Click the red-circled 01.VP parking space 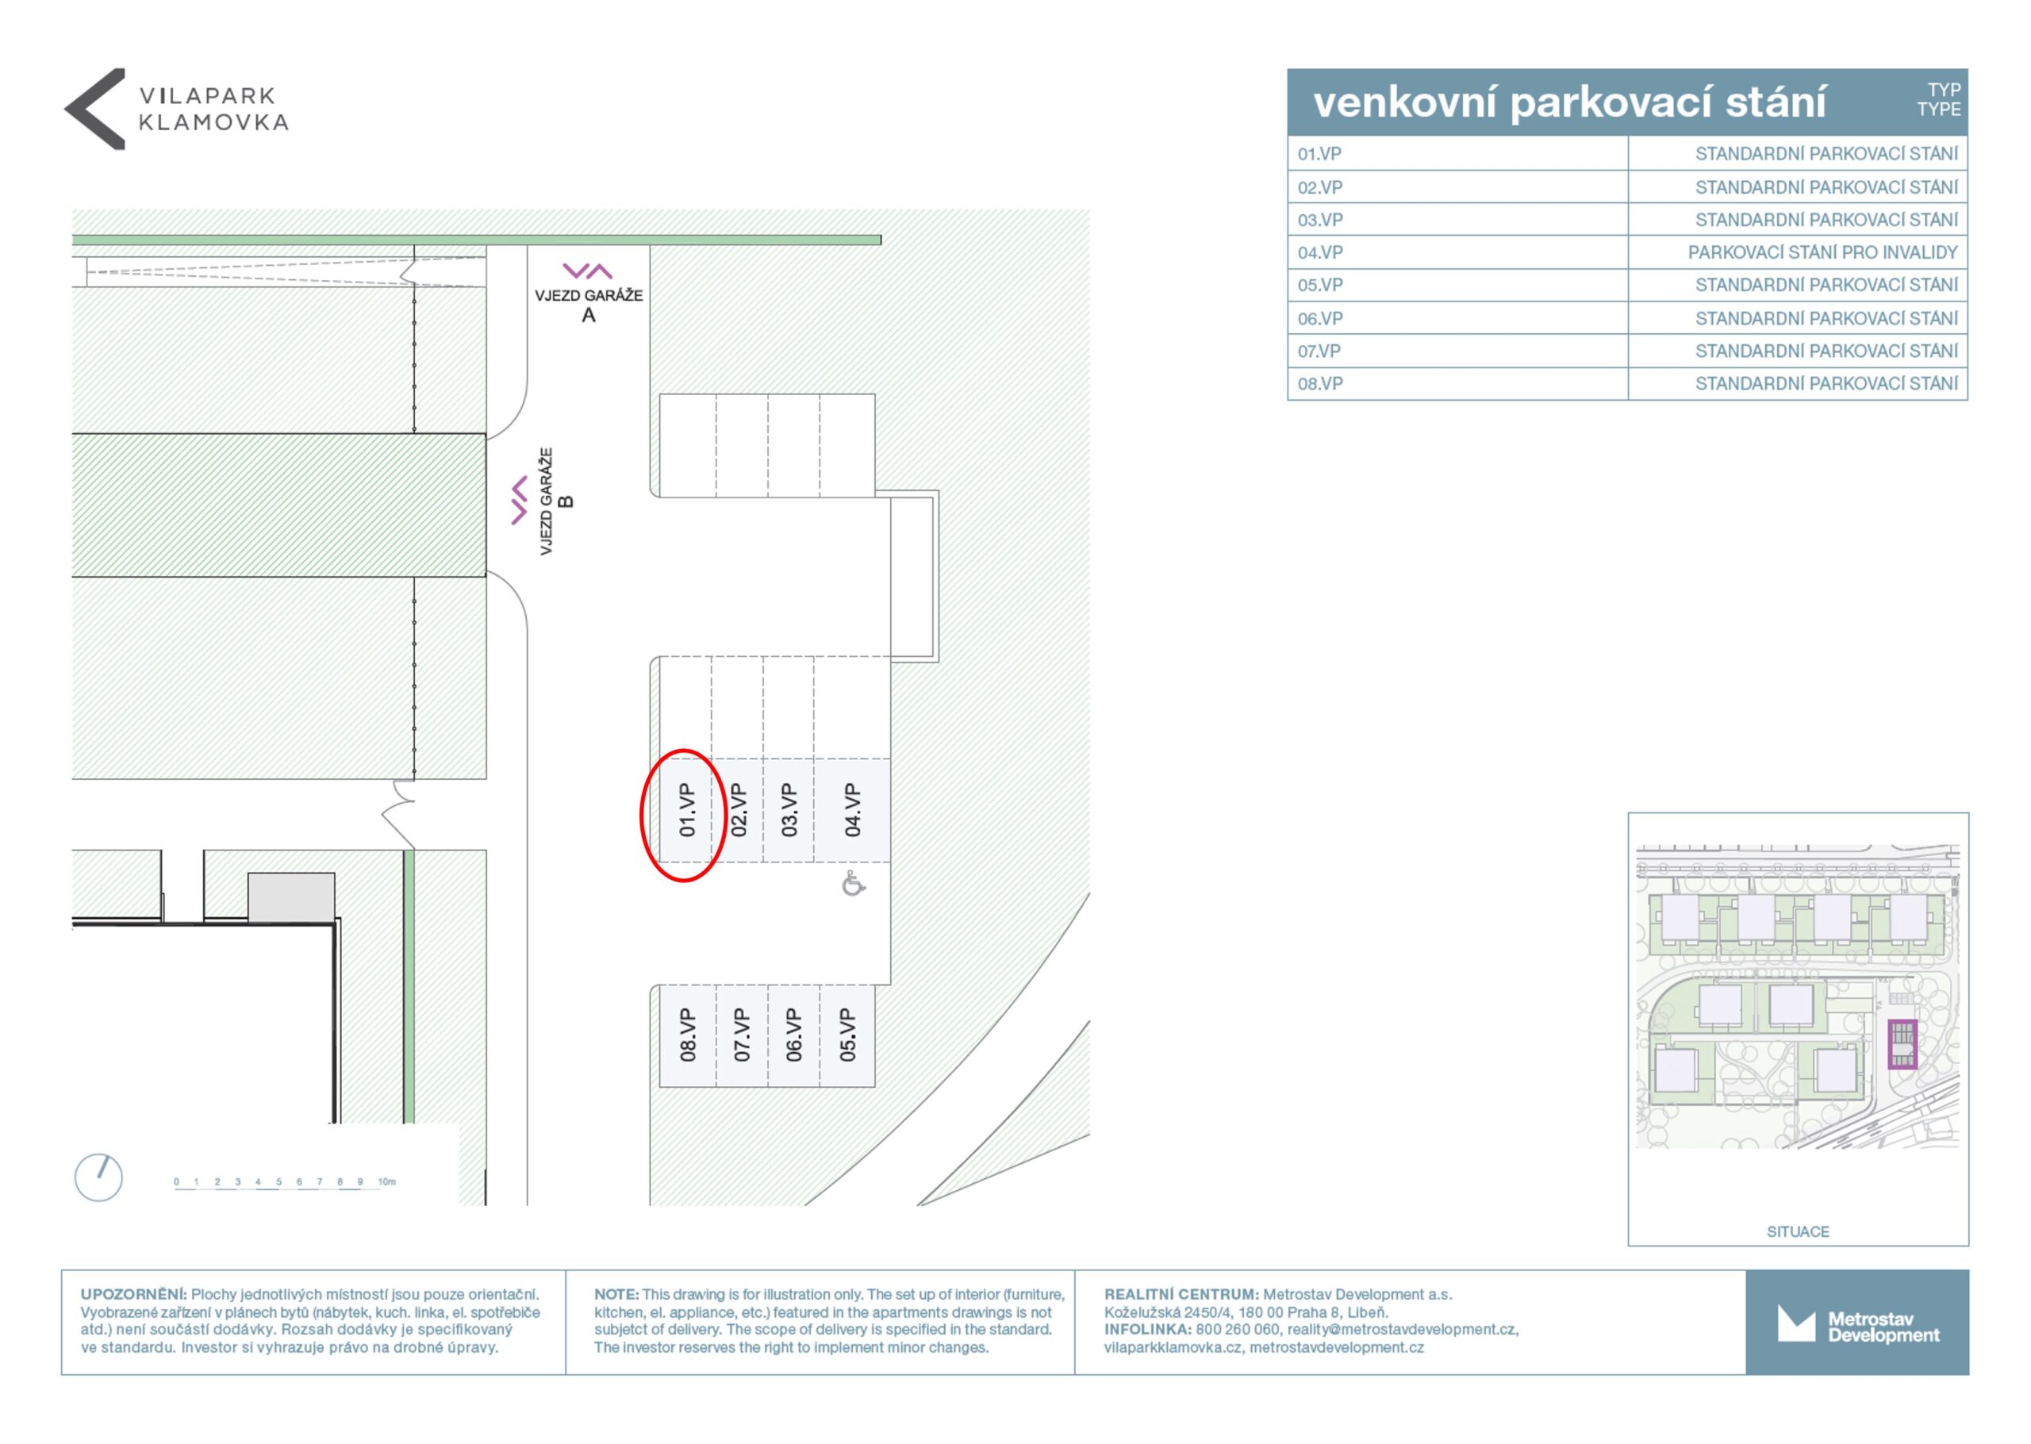pyautogui.click(x=686, y=809)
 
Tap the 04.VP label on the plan pyautogui.click(x=852, y=809)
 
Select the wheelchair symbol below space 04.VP pyautogui.click(x=854, y=884)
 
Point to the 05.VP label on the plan pyautogui.click(x=848, y=1035)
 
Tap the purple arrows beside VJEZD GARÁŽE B pyautogui.click(x=519, y=501)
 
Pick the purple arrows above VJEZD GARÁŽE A pyautogui.click(x=588, y=271)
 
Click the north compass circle pyautogui.click(x=98, y=1177)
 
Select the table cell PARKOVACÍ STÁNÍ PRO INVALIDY pyautogui.click(x=1822, y=252)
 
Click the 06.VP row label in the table pyautogui.click(x=1320, y=318)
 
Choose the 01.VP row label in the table pyautogui.click(x=1319, y=154)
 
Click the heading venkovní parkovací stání pyautogui.click(x=1570, y=102)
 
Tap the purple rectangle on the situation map pyautogui.click(x=1902, y=1044)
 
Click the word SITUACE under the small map pyautogui.click(x=1797, y=1231)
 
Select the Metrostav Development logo pyautogui.click(x=1858, y=1323)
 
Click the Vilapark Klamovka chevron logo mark pyautogui.click(x=95, y=109)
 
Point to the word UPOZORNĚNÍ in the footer pyautogui.click(x=133, y=1295)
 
